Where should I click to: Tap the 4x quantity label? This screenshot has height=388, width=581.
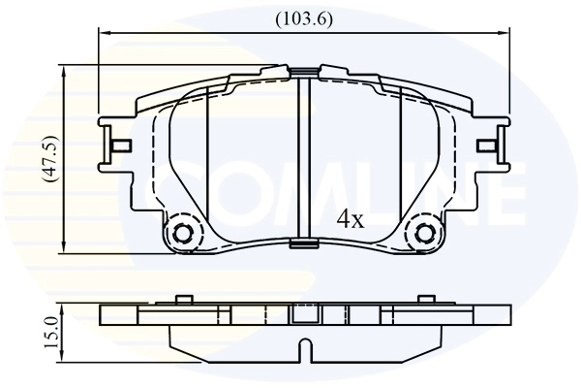click(x=349, y=219)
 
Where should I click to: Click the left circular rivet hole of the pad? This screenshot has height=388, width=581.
click(x=182, y=234)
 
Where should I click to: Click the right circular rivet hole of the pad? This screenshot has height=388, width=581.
click(x=422, y=234)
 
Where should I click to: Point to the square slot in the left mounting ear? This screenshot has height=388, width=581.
click(x=121, y=147)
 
